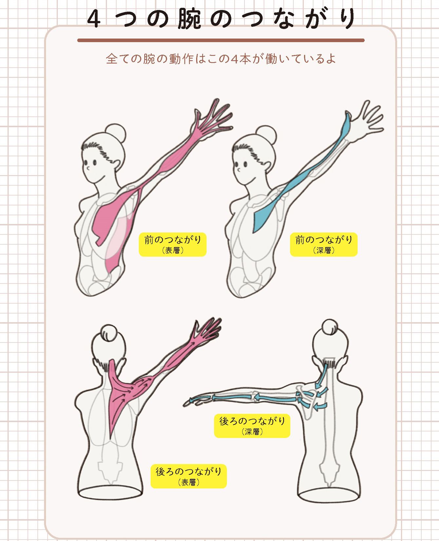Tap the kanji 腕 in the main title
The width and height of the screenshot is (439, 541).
coord(189,19)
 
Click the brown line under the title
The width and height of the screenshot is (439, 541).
coord(221,40)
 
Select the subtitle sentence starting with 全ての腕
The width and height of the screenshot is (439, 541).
coord(221,59)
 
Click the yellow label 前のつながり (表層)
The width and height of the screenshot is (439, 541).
coord(173,244)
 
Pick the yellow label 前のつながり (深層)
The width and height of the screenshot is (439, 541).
coord(324,244)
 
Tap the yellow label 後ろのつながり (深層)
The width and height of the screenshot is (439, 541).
coord(252,425)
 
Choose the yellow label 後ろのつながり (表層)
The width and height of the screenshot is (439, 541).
coord(188,476)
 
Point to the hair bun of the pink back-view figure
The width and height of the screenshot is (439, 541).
coord(109,333)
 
